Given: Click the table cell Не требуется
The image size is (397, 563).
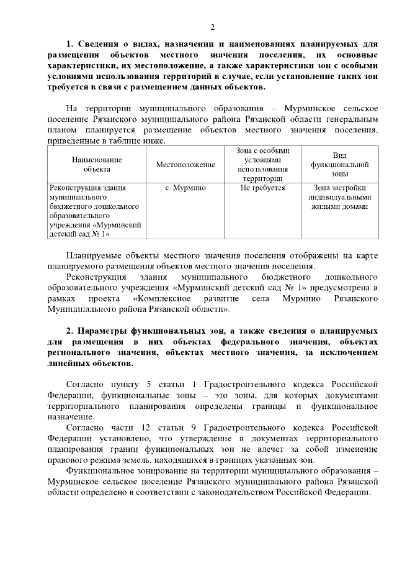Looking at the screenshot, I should point(262,188).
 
